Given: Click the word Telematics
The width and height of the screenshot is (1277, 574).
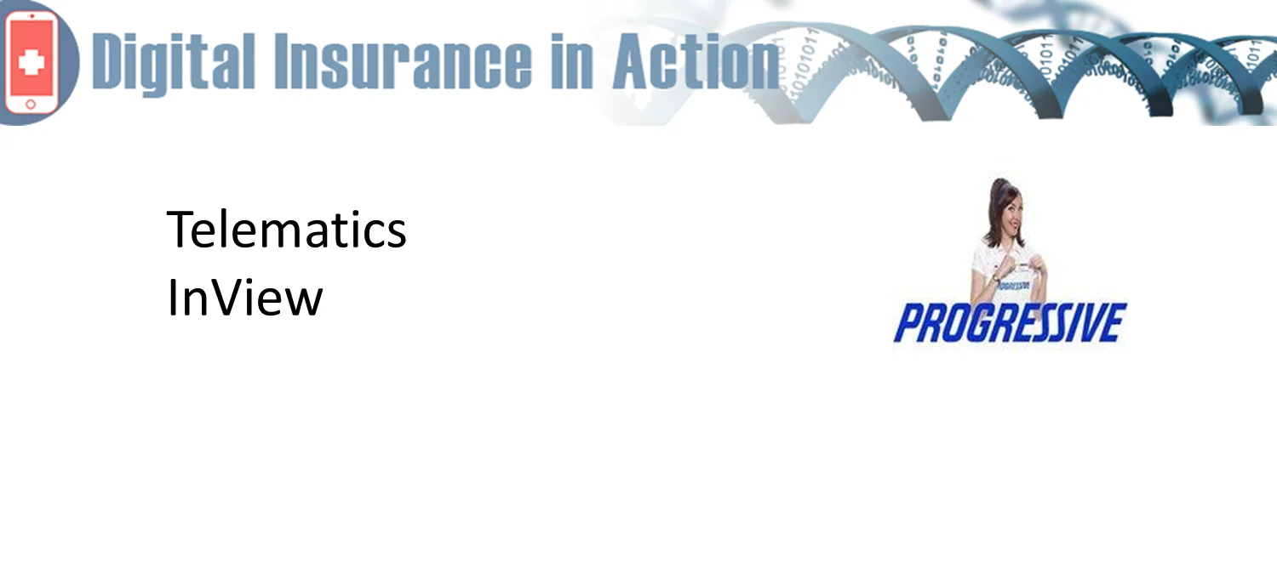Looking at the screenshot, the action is click(286, 230).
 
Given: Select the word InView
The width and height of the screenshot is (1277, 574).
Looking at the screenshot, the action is click(244, 298).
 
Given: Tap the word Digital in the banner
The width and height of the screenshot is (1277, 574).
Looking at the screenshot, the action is click(174, 62).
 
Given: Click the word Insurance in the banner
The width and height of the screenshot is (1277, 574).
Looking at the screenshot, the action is click(403, 61).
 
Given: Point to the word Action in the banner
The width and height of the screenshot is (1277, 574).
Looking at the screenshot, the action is click(696, 61).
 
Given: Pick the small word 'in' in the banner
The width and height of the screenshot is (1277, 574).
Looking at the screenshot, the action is click(572, 61).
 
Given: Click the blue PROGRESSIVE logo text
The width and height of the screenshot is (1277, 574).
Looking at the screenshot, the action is click(1011, 323).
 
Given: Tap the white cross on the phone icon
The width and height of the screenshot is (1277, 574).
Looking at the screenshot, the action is click(31, 61).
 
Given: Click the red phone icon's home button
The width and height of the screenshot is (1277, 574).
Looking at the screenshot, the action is click(31, 105).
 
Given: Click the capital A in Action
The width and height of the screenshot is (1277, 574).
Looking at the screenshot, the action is click(634, 62).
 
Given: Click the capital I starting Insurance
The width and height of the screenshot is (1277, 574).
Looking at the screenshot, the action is click(281, 62).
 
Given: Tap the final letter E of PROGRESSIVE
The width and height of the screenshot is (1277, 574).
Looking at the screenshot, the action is click(1114, 323).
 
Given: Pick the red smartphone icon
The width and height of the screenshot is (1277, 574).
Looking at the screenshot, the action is click(31, 61).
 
